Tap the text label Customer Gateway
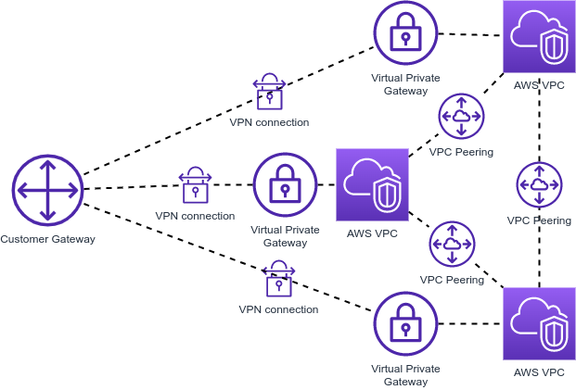[47, 239]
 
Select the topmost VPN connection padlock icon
[270, 93]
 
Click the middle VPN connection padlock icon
[195, 185]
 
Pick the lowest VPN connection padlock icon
[278, 279]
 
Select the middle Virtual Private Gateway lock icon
[285, 185]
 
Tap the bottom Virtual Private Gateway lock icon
[405, 324]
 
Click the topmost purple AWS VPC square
[539, 37]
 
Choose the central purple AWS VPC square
[372, 184]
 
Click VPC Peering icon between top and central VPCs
[461, 116]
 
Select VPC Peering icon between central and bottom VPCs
[452, 245]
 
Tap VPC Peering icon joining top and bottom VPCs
[539, 184]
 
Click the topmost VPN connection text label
[269, 122]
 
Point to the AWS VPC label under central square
[372, 233]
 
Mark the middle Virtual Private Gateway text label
[285, 235]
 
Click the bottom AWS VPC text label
[539, 372]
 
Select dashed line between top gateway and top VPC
[469, 35]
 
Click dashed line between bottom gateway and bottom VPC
[469, 324]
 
